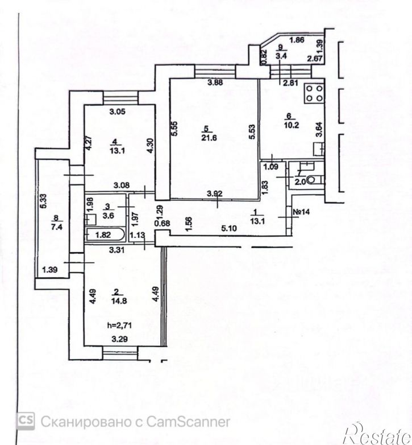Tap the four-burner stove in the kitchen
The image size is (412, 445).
coord(314,93)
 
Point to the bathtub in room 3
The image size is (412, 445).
coord(104,234)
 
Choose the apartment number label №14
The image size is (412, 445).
coord(301,212)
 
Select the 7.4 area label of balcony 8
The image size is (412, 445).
coord(56,226)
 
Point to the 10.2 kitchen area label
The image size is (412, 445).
coord(293,125)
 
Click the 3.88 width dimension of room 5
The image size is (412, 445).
coord(215,83)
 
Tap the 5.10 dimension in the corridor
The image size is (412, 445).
coord(230,228)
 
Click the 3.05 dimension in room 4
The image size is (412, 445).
coord(117,112)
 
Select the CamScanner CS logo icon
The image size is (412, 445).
coord(25,421)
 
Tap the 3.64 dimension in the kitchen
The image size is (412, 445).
coord(319,130)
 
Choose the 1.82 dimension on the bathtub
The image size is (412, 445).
coord(103,235)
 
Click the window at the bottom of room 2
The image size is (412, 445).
coord(120,352)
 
